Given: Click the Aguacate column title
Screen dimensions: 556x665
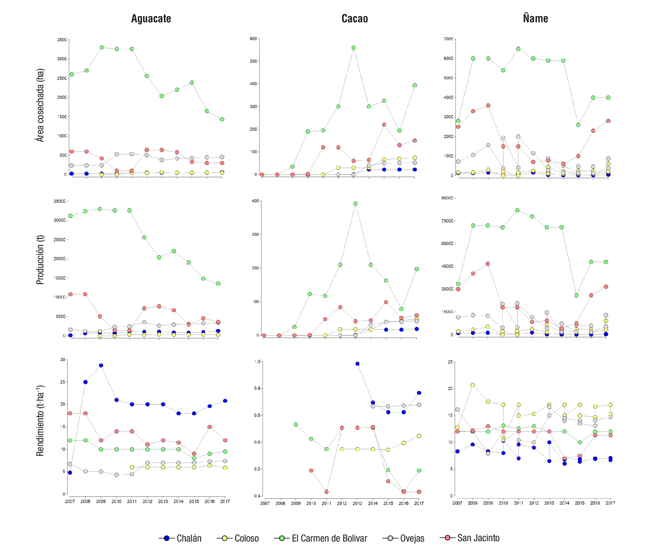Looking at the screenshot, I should pyautogui.click(x=151, y=19).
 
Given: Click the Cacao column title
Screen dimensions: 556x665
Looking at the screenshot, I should pyautogui.click(x=355, y=19).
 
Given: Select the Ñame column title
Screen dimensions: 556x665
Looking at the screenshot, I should pyautogui.click(x=535, y=18).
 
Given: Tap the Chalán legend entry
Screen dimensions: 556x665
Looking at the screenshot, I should pyautogui.click(x=181, y=538).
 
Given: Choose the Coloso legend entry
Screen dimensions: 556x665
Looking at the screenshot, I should pyautogui.click(x=238, y=538).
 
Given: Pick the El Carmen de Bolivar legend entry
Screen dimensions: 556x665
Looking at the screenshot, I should pyautogui.click(x=321, y=538).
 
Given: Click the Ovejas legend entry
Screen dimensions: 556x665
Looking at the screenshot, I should pyautogui.click(x=403, y=538).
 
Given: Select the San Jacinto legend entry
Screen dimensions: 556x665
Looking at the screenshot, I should pyautogui.click(x=470, y=538).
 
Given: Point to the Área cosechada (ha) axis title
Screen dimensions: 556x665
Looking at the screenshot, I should pyautogui.click(x=40, y=105).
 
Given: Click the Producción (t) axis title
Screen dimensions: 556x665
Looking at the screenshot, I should pyautogui.click(x=40, y=260).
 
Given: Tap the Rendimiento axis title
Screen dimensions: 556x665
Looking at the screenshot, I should pyautogui.click(x=40, y=421).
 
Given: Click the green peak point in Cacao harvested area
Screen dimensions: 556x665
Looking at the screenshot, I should pyautogui.click(x=353, y=48).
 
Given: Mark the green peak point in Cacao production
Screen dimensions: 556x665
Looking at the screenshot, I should pyautogui.click(x=355, y=204).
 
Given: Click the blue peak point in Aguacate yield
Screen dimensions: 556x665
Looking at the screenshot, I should pyautogui.click(x=101, y=366).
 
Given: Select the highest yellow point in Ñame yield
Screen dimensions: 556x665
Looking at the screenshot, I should pyautogui.click(x=473, y=385).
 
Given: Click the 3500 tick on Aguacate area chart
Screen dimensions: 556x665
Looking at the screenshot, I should pyautogui.click(x=62, y=40).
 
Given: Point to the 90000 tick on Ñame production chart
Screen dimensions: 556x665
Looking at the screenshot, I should pyautogui.click(x=447, y=198).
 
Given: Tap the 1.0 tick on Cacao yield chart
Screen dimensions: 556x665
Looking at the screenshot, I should pyautogui.click(x=257, y=362).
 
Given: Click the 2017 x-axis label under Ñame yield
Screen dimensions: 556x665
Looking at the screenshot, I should pyautogui.click(x=610, y=503).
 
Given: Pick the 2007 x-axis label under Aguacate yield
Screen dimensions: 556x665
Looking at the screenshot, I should pyautogui.click(x=70, y=501).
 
